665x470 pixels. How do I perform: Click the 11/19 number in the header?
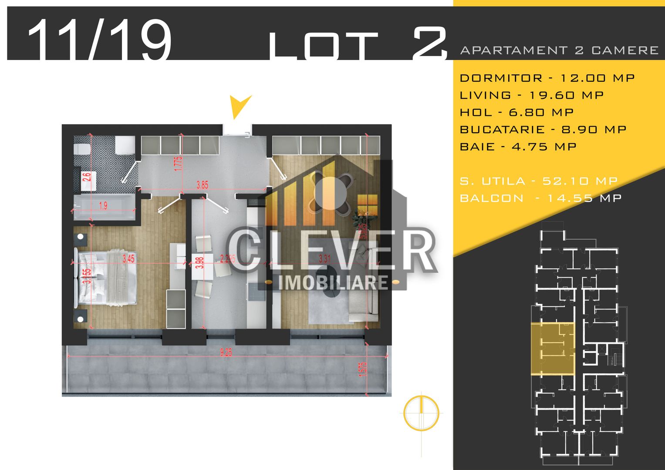coord(99,40)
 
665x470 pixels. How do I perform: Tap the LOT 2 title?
coord(358,44)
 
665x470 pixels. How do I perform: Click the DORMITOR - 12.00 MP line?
coord(547,78)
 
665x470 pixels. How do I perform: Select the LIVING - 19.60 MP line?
coord(532,95)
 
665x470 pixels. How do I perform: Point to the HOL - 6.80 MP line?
coord(516,112)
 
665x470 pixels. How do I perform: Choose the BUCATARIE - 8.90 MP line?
coord(543,129)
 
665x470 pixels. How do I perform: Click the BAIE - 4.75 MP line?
coord(518,146)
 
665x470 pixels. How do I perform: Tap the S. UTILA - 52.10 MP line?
coord(539,181)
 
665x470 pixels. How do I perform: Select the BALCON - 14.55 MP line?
coord(540,198)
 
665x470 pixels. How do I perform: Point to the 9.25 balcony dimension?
coord(226,352)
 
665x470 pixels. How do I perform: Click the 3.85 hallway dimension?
coord(202,185)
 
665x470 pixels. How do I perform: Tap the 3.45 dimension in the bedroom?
coord(128,258)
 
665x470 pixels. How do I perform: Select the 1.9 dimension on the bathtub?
coord(103,206)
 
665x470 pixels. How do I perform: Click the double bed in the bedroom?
coord(107,277)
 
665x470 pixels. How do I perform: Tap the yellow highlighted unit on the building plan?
coord(552,349)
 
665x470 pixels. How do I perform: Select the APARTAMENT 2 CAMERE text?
coord(559,50)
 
